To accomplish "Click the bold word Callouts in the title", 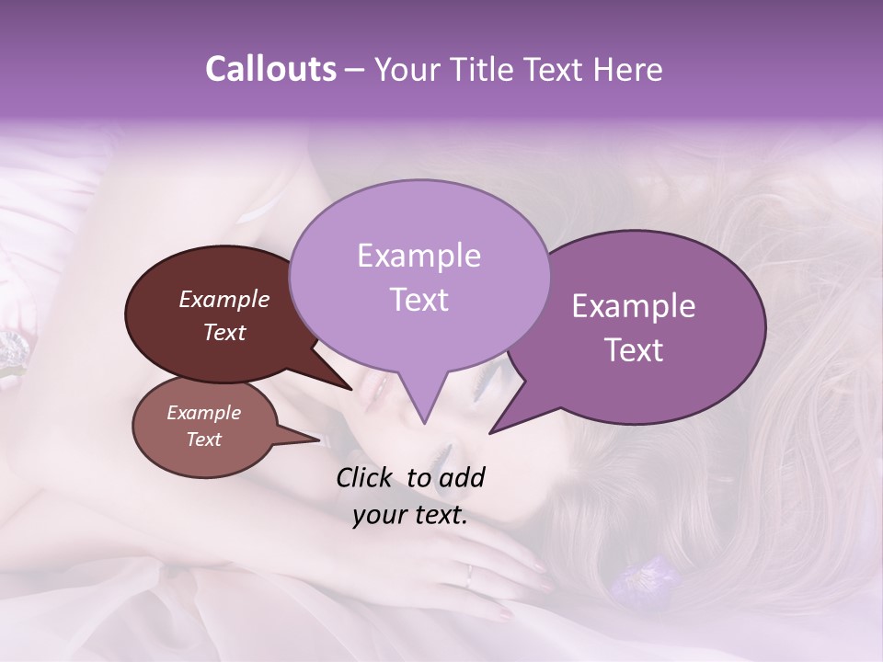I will [270, 69].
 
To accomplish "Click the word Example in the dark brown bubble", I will [224, 299].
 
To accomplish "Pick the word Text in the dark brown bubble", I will [224, 332].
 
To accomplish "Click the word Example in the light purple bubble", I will [419, 256].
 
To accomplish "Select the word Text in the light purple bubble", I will [419, 300].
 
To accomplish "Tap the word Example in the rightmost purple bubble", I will [634, 306].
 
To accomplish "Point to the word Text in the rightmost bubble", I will [634, 350].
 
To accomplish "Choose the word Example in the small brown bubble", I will [203, 413].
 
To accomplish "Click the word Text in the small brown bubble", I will [203, 439].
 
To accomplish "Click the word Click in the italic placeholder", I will [366, 477].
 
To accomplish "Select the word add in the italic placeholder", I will [462, 477].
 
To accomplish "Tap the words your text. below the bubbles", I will [410, 515].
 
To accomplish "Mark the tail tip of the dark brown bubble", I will [351, 389].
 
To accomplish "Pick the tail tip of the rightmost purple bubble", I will [491, 432].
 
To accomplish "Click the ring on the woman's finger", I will [470, 575].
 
